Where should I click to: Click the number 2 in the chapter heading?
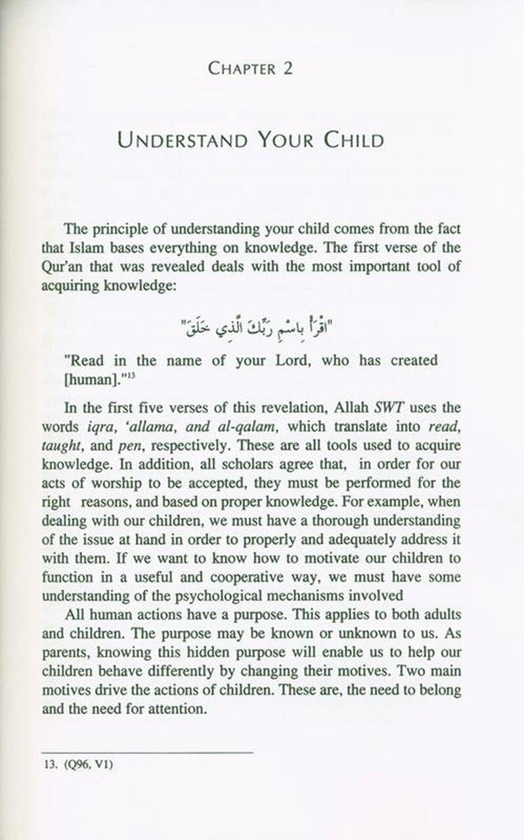point(287,68)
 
